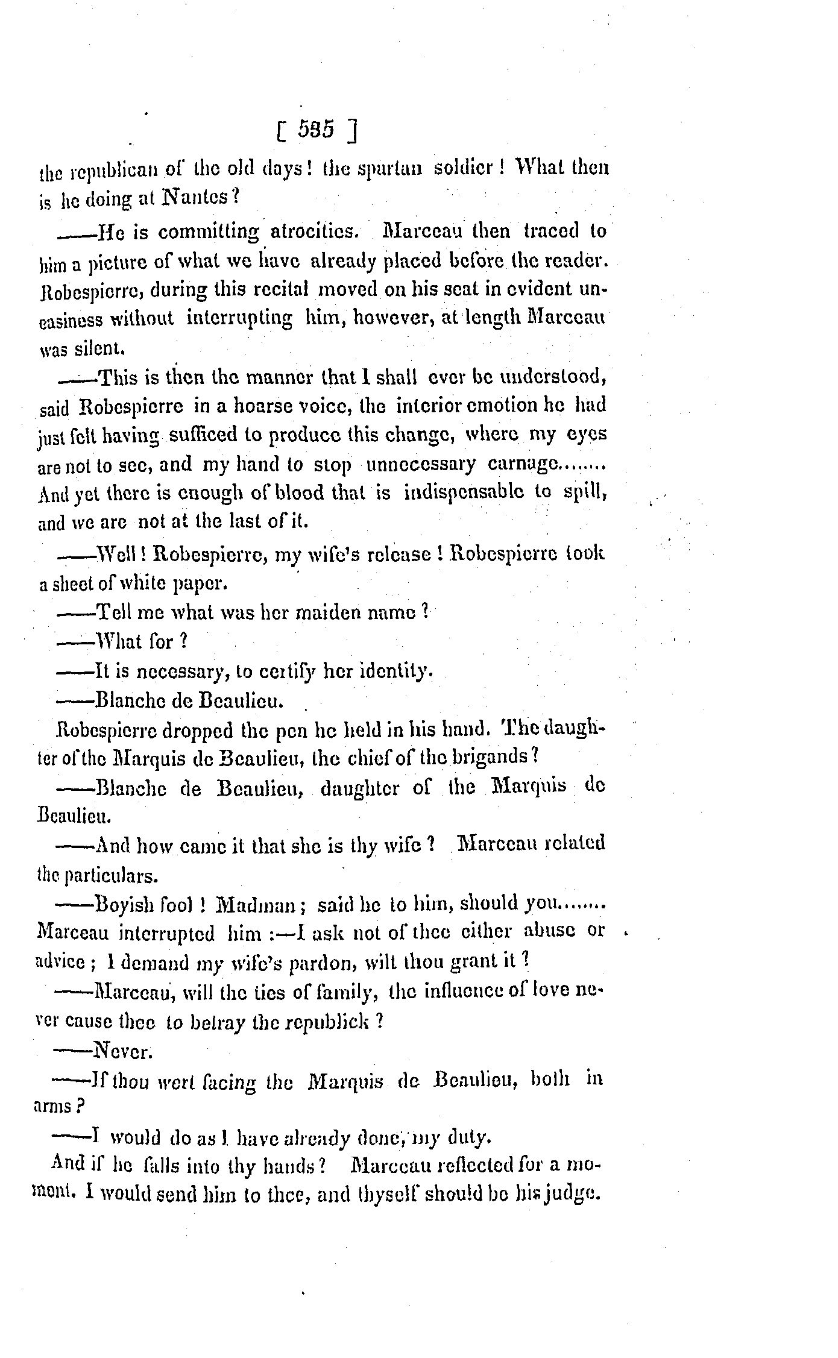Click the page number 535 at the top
(315, 131)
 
